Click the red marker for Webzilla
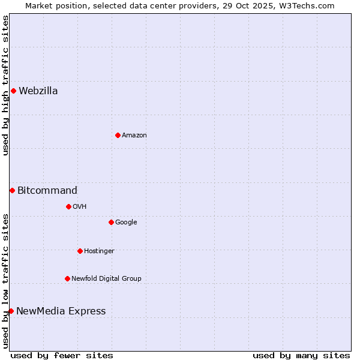tap(13, 91)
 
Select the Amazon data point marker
tap(118, 135)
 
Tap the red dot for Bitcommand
tap(12, 190)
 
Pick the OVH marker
tap(68, 206)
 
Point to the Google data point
tap(111, 222)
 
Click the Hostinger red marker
tap(80, 251)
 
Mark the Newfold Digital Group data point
tap(67, 278)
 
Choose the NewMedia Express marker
tap(11, 311)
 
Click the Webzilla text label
tap(38, 91)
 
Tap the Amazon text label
tap(134, 136)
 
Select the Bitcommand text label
tap(47, 191)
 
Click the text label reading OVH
tap(80, 207)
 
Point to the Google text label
tap(126, 223)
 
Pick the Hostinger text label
tap(99, 251)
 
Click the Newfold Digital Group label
tap(106, 278)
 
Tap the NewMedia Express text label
tap(61, 311)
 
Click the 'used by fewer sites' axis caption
tap(62, 355)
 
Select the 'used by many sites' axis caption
tap(301, 355)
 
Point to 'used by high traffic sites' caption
tap(5, 85)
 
